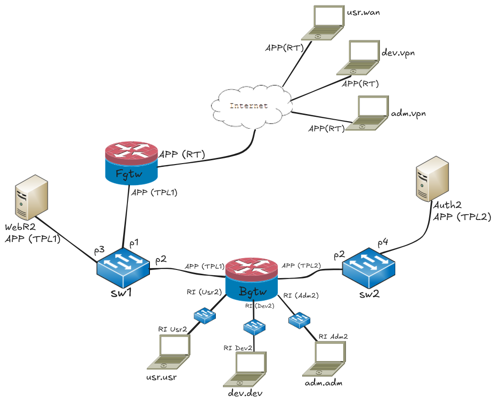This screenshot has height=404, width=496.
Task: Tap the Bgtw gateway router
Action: point(251,280)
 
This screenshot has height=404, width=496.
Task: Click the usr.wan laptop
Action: point(322,23)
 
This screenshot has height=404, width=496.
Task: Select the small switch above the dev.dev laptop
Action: point(254,327)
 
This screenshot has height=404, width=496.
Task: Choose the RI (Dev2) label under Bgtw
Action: point(260,306)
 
